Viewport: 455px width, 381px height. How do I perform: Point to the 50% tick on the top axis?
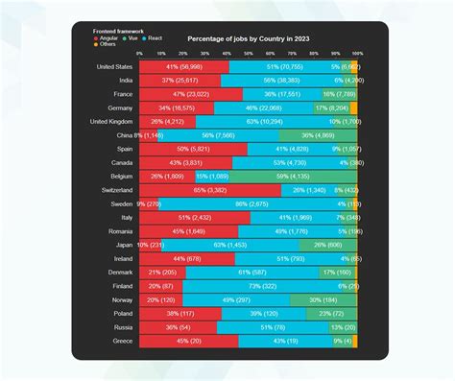click(249, 54)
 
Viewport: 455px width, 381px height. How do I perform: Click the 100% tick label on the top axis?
click(357, 54)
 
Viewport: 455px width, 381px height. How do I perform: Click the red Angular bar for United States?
click(184, 67)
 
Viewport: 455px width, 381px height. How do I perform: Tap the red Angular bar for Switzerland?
click(210, 190)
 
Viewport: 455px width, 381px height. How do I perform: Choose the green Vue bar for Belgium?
click(294, 177)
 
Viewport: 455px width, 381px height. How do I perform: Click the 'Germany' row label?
click(117, 108)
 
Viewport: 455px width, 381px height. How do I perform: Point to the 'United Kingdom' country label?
click(111, 122)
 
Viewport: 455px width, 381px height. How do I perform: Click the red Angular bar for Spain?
click(194, 150)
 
